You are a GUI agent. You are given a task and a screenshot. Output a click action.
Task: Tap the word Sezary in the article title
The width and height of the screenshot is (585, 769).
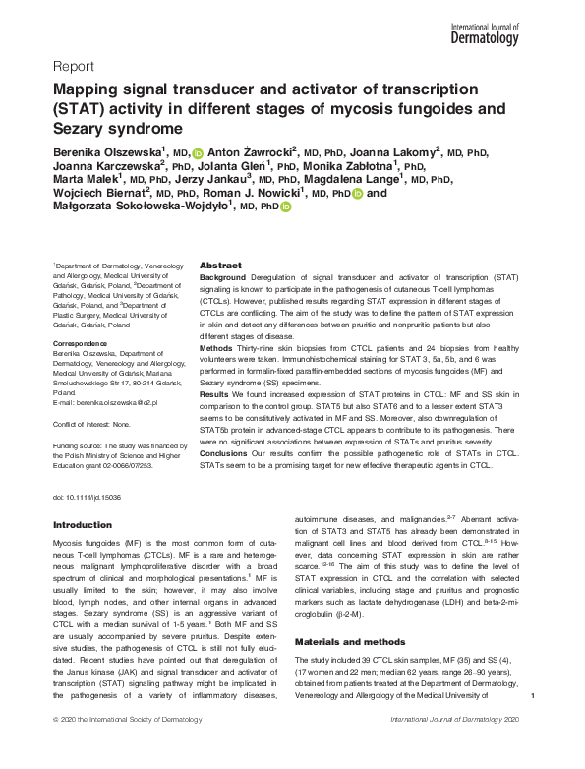[83, 129]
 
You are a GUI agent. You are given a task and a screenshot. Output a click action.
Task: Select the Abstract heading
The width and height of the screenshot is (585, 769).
[220, 266]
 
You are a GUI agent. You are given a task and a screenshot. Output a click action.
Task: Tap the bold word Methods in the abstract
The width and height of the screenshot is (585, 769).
[217, 348]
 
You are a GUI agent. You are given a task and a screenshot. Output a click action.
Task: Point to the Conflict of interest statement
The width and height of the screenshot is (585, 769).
[90, 424]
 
